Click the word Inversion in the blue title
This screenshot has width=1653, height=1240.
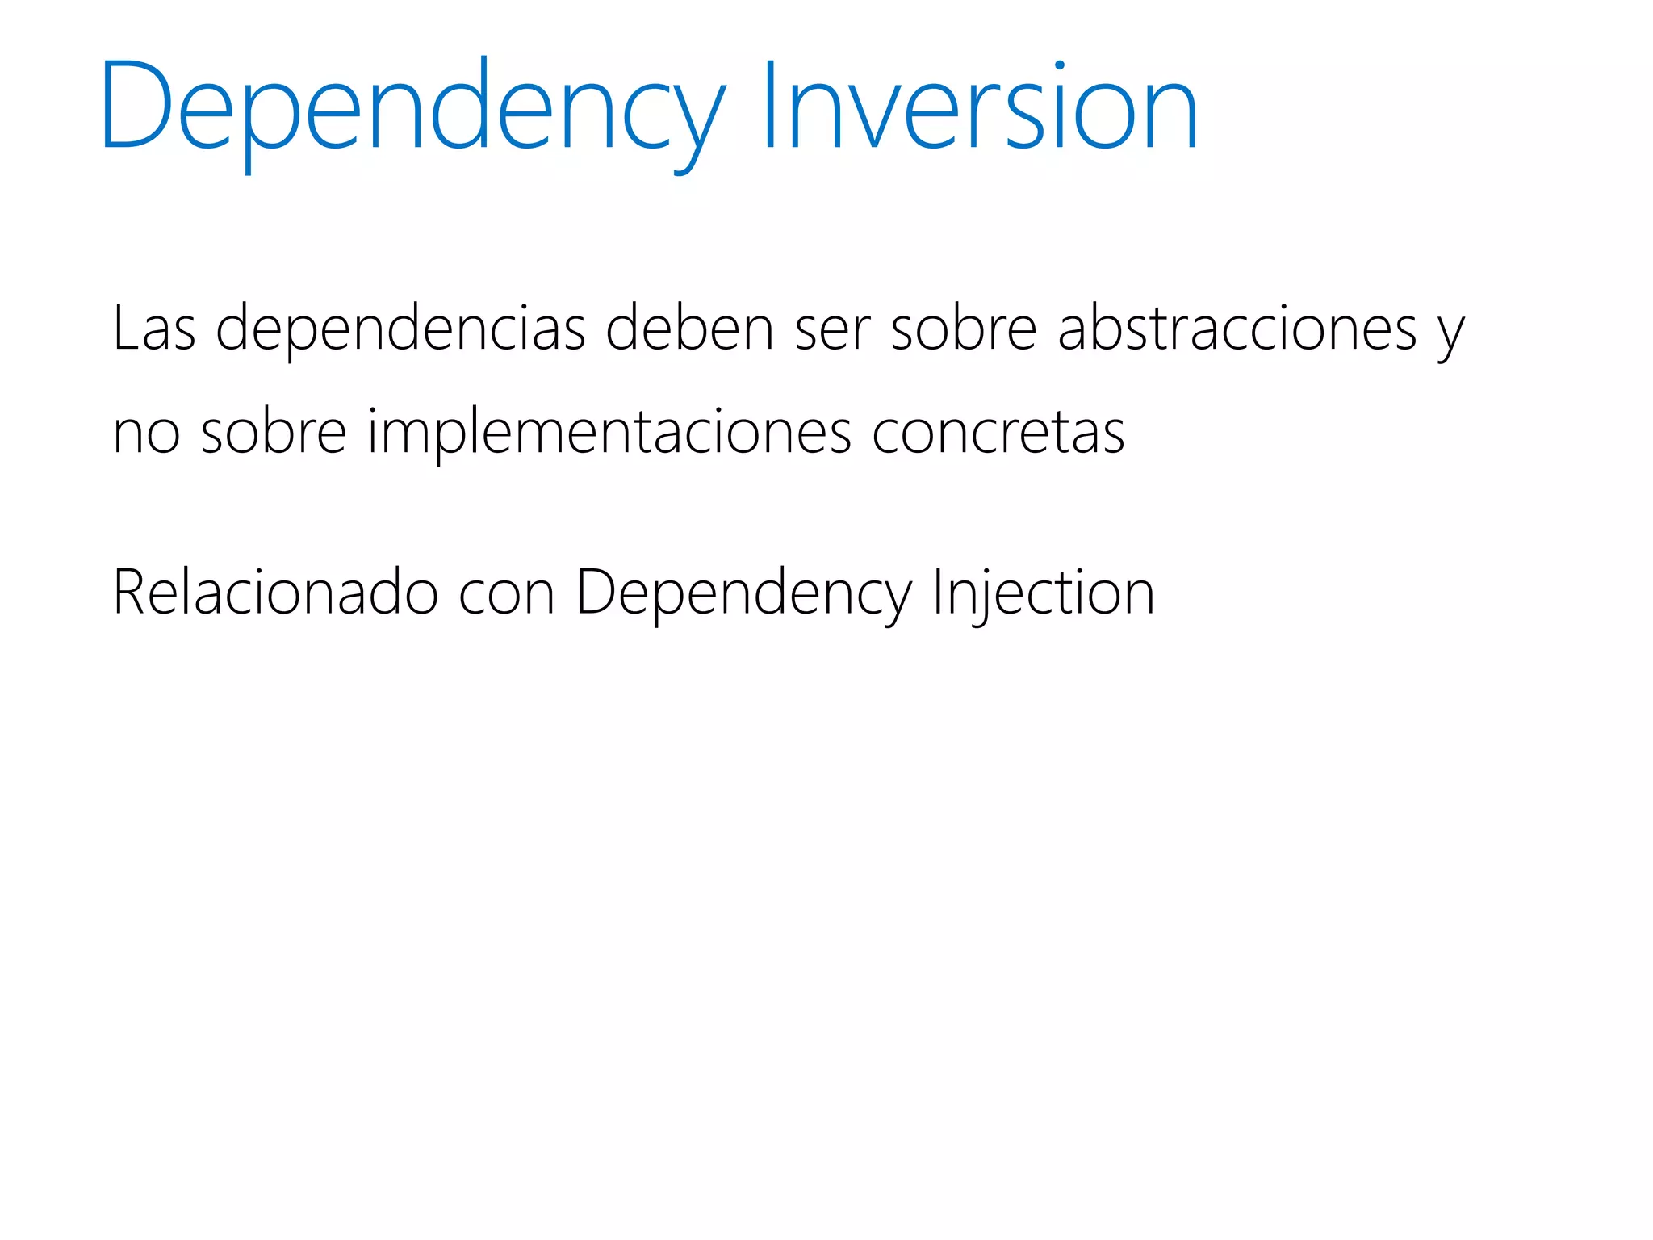click(979, 105)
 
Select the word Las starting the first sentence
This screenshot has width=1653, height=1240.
click(154, 328)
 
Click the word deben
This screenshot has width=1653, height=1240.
click(690, 328)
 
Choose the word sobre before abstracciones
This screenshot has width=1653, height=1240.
click(964, 328)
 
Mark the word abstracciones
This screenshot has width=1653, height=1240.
click(1237, 328)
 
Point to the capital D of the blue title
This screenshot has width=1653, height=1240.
click(136, 105)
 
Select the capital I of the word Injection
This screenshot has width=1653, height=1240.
click(938, 592)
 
